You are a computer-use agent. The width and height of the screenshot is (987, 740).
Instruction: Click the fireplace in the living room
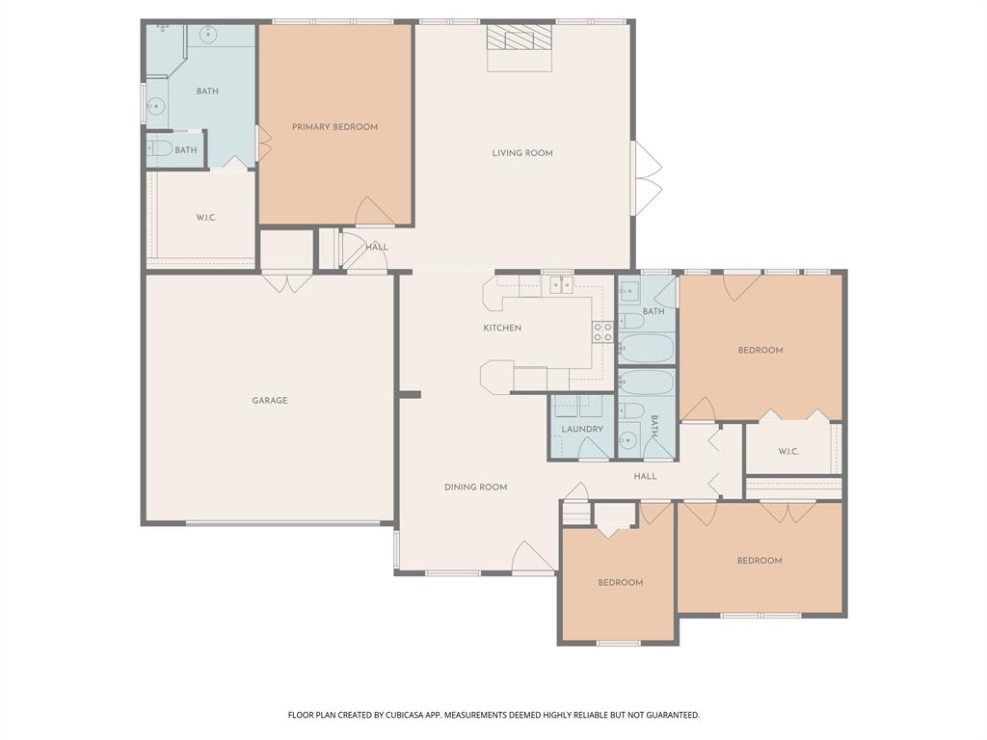coord(520,40)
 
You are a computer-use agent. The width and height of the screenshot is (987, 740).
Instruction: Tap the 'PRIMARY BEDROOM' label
coord(334,127)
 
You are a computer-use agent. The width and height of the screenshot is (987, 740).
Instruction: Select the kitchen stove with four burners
coord(602,332)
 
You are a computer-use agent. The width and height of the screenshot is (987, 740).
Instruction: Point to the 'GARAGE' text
coord(270,401)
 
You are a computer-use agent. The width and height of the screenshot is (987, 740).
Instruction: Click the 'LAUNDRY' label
coord(582,430)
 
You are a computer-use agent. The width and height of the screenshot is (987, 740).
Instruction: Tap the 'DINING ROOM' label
coord(475,488)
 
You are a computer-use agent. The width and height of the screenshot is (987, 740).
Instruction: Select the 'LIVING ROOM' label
coord(522,153)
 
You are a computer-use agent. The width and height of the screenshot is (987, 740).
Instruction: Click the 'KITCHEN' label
coord(502,329)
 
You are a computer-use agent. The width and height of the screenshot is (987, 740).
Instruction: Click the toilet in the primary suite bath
coord(161,149)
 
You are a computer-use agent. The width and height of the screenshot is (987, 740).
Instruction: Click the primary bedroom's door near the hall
coord(374,211)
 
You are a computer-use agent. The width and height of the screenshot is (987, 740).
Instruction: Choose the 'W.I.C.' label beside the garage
coord(206,218)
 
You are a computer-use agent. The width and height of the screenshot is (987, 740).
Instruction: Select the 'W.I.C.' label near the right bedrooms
coord(788,452)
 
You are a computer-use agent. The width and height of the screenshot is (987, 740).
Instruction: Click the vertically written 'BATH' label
coord(654,426)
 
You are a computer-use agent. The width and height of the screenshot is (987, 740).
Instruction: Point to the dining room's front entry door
coord(532,558)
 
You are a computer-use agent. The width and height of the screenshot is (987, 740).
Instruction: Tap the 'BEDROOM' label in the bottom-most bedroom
coord(620,583)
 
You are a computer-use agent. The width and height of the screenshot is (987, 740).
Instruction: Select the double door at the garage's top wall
coord(287,282)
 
